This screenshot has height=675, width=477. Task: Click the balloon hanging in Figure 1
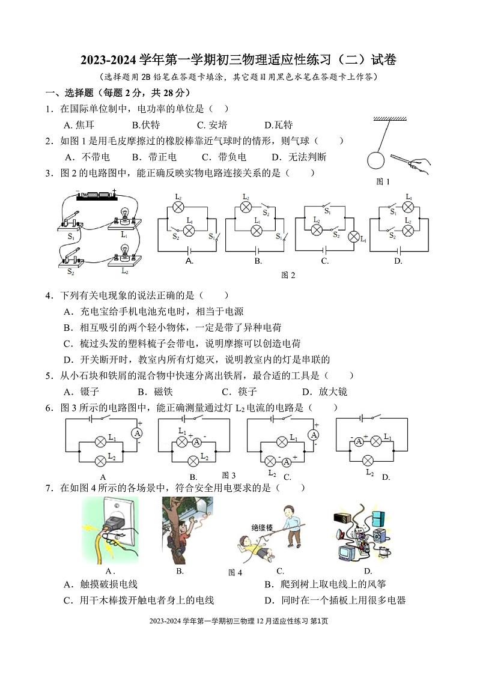click(376, 160)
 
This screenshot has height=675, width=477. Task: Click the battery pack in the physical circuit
click(96, 196)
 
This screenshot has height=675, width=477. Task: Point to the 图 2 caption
click(288, 275)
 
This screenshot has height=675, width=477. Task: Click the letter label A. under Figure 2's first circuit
click(189, 261)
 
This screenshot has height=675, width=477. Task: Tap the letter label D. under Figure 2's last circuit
click(398, 261)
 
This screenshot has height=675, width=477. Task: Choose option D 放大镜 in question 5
click(324, 392)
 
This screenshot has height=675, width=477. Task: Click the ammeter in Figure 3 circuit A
click(138, 434)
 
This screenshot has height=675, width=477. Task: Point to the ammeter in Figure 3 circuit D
click(359, 441)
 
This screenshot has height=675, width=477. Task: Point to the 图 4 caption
click(235, 572)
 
